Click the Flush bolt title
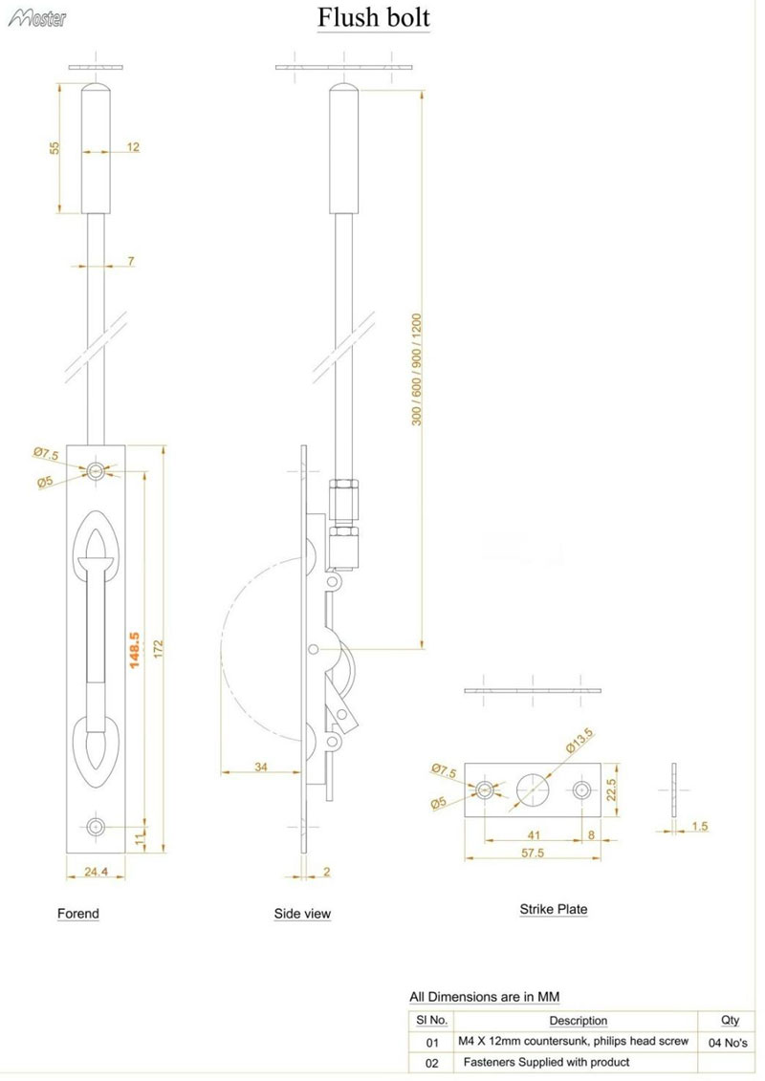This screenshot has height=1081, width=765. coord(373,17)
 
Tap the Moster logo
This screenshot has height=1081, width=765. coord(37,18)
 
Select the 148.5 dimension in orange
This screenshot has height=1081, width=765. coord(135,649)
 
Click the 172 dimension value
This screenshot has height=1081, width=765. coord(159,649)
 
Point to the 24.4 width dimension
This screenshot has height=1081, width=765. coord(96,872)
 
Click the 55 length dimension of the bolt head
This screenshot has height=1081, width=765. coord(55,147)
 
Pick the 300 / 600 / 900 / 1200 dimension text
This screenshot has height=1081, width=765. coord(417,370)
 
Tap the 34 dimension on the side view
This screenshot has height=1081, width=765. coord(261,767)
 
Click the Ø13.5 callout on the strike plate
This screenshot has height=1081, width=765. coord(579,740)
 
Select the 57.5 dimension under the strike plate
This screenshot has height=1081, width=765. coord(533,853)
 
